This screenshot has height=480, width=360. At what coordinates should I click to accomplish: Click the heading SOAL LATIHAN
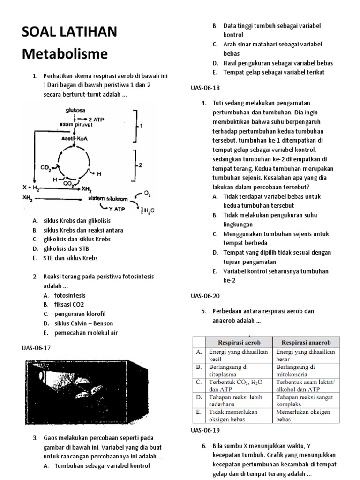(x=70, y=32)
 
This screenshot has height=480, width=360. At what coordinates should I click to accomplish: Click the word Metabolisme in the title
(x=65, y=54)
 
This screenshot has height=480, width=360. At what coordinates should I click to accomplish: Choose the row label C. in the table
(x=199, y=382)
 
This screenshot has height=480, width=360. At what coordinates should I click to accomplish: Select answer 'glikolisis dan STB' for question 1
(x=65, y=248)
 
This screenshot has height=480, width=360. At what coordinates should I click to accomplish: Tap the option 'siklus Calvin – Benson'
(x=78, y=323)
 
